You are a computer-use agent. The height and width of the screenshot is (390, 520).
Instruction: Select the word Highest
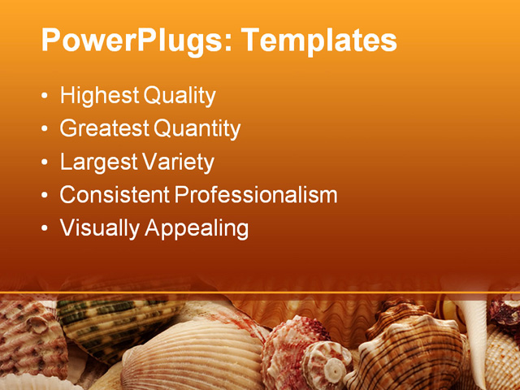click(x=99, y=97)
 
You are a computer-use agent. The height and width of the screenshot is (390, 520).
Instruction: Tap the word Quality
click(x=180, y=97)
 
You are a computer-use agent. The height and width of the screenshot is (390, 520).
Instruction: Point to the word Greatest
click(x=105, y=128)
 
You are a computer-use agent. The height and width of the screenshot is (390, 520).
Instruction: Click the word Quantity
click(x=197, y=128)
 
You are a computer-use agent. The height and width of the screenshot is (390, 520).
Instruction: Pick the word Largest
click(x=97, y=162)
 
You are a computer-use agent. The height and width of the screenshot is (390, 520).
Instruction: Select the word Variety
click(x=178, y=162)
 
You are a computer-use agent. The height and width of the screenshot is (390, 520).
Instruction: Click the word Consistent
click(x=115, y=195)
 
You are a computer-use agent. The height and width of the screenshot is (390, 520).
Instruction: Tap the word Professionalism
click(x=256, y=195)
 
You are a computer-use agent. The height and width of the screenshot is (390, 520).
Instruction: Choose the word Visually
click(x=99, y=228)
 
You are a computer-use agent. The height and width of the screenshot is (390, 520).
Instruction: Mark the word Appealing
click(x=196, y=228)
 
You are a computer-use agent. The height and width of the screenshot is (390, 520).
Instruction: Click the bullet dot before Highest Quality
click(x=44, y=97)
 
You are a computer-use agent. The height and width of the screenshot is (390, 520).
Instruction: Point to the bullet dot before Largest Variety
click(x=44, y=162)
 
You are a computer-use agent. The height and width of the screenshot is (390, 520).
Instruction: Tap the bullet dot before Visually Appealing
click(x=44, y=228)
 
